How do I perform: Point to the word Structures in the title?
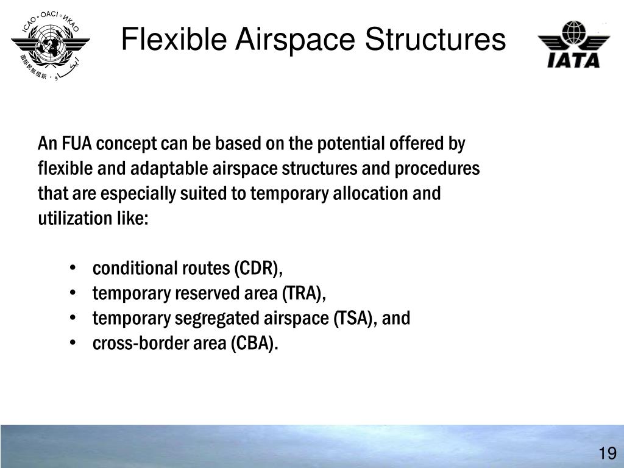pyautogui.click(x=432, y=41)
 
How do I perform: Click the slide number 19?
pyautogui.click(x=607, y=453)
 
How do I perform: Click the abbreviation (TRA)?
pyautogui.click(x=303, y=294)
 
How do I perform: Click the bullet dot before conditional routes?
pyautogui.click(x=73, y=269)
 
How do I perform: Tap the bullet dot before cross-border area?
pyautogui.click(x=73, y=344)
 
